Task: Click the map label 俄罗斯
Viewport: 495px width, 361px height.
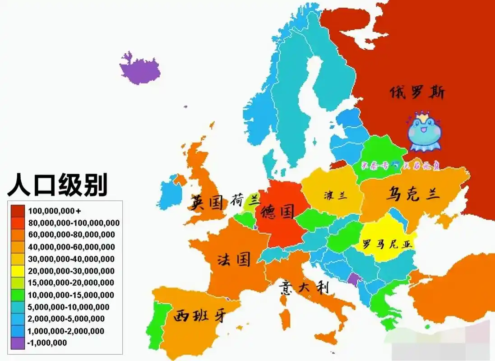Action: tap(417, 93)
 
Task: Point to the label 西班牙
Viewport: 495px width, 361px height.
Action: tap(199, 315)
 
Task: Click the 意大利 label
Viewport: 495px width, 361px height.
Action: tap(304, 287)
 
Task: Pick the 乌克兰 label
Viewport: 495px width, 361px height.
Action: tap(412, 194)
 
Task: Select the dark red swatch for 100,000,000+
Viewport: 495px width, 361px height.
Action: tap(18, 211)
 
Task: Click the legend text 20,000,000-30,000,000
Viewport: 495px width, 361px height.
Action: tap(71, 271)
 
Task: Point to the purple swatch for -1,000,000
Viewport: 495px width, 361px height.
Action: tap(18, 343)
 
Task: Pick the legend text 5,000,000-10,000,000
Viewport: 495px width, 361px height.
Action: tap(68, 307)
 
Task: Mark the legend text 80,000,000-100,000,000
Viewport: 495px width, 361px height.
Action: tap(74, 223)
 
